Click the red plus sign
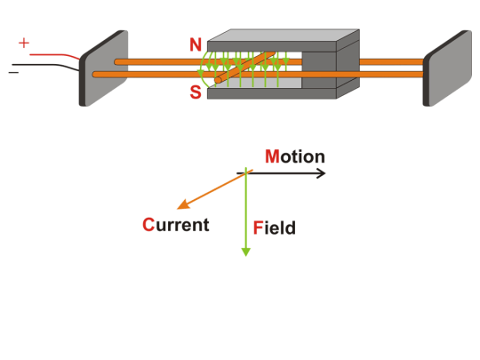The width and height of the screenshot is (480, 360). (x=23, y=43)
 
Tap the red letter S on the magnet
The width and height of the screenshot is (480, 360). (x=196, y=92)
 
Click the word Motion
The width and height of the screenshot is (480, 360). (x=295, y=157)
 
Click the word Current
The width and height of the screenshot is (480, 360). (x=176, y=224)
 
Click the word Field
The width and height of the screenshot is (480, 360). (x=275, y=228)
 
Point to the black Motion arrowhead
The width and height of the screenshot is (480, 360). (x=322, y=172)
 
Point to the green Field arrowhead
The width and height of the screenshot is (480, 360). (x=246, y=251)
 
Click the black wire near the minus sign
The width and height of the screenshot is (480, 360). (x=53, y=65)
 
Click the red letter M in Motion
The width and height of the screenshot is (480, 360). (x=272, y=157)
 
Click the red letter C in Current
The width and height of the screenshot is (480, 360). (x=149, y=224)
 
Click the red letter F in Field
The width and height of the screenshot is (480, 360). (x=258, y=228)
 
